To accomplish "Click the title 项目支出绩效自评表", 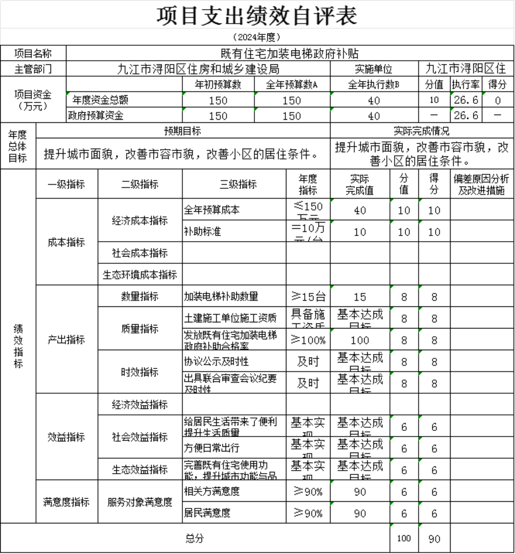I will (x=257, y=16).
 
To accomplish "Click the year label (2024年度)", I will (x=257, y=37).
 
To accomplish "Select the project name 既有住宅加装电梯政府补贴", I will (x=289, y=54).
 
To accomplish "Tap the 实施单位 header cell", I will (x=374, y=69).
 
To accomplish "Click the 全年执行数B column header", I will (x=374, y=84).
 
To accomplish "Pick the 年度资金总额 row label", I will (x=100, y=100).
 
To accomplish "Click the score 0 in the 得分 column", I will (x=498, y=100).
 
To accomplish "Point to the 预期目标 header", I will (x=182, y=131).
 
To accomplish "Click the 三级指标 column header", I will (x=238, y=184).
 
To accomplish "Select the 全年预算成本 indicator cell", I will (x=212, y=210).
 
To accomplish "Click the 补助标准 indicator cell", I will (x=203, y=231).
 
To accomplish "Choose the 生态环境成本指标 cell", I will (x=140, y=275).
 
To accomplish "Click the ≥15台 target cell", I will (x=308, y=297).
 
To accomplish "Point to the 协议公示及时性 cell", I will (x=216, y=361).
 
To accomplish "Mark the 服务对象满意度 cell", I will (x=140, y=502).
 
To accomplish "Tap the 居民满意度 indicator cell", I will (x=207, y=513).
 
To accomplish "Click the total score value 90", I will (x=434, y=539).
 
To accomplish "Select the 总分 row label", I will (x=195, y=539).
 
